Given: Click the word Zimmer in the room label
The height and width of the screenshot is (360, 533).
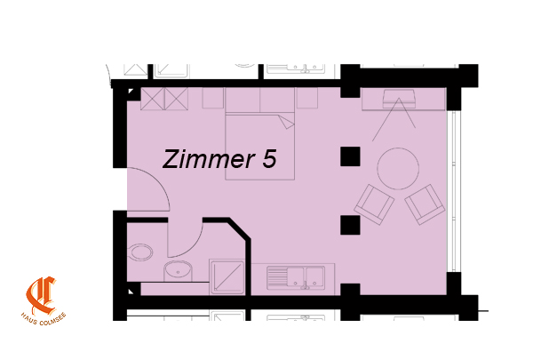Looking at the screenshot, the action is click(x=209, y=159).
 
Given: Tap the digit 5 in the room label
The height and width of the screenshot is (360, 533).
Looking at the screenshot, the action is click(x=269, y=159).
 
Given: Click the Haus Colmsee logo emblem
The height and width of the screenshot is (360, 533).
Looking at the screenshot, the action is click(x=41, y=296).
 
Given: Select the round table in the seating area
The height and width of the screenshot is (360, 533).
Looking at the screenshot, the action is click(x=398, y=168).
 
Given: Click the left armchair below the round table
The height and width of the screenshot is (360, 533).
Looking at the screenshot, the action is click(x=374, y=204).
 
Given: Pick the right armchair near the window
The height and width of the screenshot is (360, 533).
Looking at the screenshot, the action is click(x=425, y=204).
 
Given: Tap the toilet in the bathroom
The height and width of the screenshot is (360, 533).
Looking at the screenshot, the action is click(x=140, y=252).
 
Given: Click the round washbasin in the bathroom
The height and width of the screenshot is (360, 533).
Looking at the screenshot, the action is click(x=178, y=271).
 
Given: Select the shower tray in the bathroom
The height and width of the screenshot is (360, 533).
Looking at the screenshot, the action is click(x=227, y=277).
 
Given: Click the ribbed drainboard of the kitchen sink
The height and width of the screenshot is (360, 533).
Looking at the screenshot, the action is click(x=276, y=277).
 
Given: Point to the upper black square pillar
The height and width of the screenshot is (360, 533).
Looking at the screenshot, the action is click(x=350, y=156).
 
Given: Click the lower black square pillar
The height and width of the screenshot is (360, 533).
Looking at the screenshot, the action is click(x=350, y=225).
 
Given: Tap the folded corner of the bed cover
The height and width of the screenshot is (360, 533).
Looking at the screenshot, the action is click(x=286, y=122).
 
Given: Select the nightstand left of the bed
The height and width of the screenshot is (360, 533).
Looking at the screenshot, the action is click(x=213, y=98).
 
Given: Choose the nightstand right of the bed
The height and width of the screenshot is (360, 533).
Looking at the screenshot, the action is click(x=307, y=98).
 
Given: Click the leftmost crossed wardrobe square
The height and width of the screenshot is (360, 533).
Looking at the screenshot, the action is click(x=152, y=99).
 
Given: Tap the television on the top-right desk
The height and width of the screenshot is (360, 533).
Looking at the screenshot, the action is click(x=399, y=99).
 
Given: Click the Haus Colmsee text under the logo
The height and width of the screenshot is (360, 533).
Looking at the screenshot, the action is click(x=44, y=319).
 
